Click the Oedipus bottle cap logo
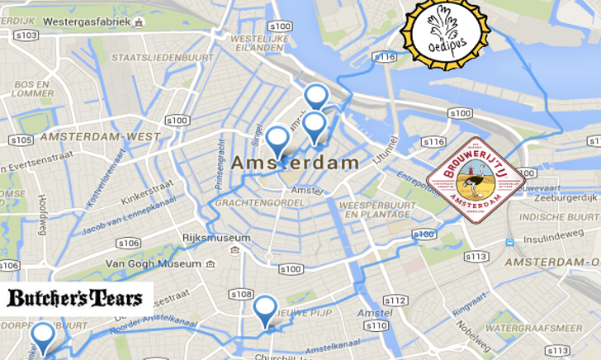(445, 34)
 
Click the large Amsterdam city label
(295, 163)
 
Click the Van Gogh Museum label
(153, 264)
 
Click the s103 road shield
(26, 35)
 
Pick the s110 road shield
(376, 325)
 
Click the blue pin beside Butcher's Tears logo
(42, 337)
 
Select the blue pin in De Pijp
(264, 310)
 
